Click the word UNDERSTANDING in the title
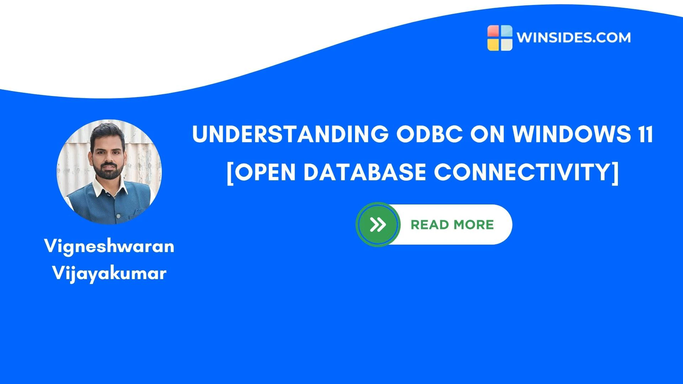290,134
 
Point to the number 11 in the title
645,134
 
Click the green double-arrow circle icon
378,224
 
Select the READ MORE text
452,225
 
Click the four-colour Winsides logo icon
500,38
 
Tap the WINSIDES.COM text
573,38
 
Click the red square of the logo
493,31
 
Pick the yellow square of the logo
493,44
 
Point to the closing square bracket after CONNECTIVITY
615,173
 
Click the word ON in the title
488,134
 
